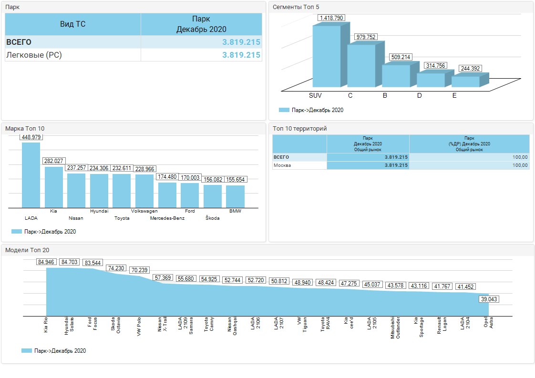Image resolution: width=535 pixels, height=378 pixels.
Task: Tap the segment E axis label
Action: pyautogui.click(x=454, y=96)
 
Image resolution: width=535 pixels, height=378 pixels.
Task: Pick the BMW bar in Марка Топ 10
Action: pyautogui.click(x=235, y=196)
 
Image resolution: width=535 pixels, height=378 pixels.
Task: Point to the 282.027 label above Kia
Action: pyautogui.click(x=54, y=161)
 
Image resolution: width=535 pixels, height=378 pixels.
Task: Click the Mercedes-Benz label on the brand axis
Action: pyautogui.click(x=167, y=218)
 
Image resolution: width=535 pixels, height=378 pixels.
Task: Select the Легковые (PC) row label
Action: pyautogui.click(x=34, y=55)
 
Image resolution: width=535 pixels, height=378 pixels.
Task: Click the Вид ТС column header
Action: pyautogui.click(x=73, y=24)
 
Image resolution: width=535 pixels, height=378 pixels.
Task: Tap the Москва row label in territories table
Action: pyautogui.click(x=282, y=165)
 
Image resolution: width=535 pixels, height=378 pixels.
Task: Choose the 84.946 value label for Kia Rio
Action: pyautogui.click(x=47, y=262)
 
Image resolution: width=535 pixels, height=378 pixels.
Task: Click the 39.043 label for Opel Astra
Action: pyautogui.click(x=489, y=299)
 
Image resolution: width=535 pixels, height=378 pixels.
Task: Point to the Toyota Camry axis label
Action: pyautogui.click(x=209, y=325)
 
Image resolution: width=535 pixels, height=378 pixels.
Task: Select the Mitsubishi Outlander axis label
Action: pyautogui.click(x=395, y=327)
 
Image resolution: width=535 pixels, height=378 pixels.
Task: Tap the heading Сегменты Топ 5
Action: pyautogui.click(x=296, y=7)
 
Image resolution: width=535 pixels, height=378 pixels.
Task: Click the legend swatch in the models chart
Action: pyautogui.click(x=27, y=351)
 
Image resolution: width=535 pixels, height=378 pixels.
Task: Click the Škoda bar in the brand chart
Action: pyautogui.click(x=213, y=196)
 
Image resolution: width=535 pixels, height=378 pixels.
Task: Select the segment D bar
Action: pyautogui.click(x=431, y=80)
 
